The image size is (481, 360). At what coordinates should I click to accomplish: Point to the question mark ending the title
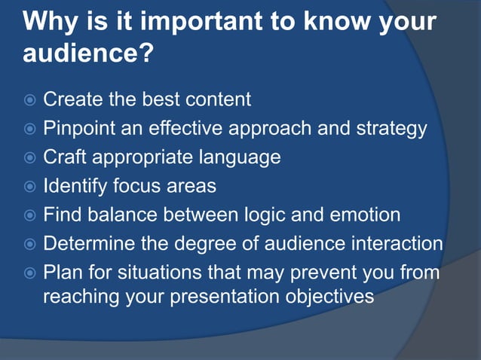coord(146,54)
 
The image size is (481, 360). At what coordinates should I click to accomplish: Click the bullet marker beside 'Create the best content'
coord(28,100)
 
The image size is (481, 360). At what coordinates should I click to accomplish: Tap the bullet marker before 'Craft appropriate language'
coord(28,158)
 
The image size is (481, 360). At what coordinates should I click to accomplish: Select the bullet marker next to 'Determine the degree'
coord(28,245)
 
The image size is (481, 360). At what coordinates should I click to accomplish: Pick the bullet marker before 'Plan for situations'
coord(28,273)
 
